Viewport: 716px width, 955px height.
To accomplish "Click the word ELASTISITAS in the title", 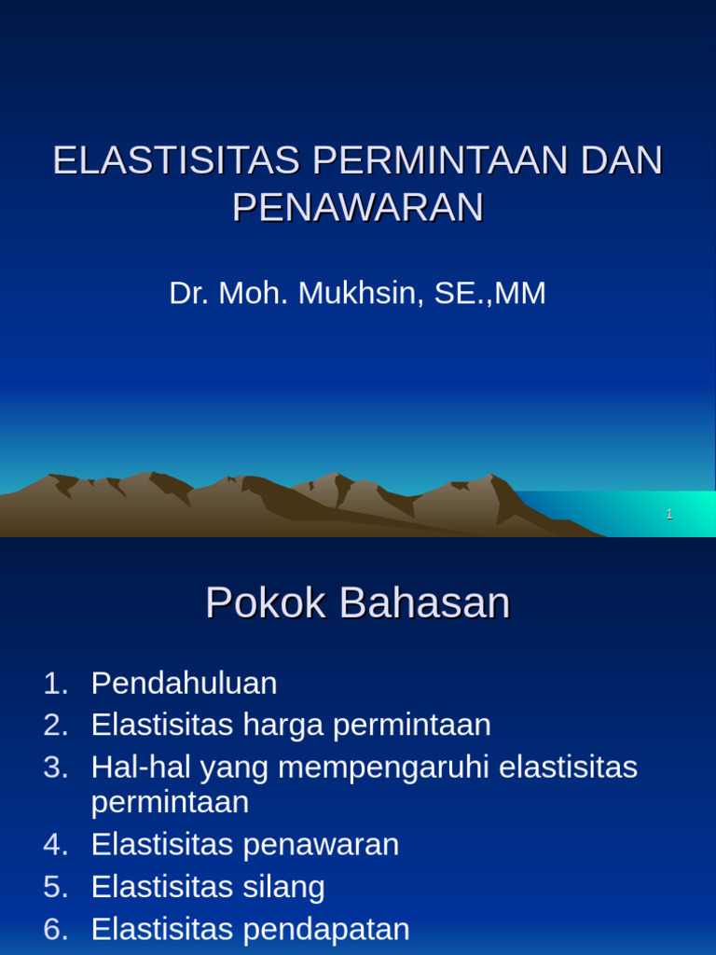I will coord(175,160).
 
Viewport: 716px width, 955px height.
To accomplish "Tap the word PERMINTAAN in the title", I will coord(440,160).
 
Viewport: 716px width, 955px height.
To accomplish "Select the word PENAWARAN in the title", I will coord(358,207).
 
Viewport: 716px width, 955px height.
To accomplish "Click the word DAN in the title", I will coord(623,160).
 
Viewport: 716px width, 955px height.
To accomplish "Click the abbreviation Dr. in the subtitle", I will coord(189,293).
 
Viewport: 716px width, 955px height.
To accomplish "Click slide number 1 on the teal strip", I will coord(669,514).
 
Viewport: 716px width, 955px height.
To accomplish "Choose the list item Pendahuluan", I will coord(184,684).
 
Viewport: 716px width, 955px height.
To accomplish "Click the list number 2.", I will coord(55,725).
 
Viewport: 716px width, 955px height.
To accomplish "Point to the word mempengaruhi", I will coord(385,768).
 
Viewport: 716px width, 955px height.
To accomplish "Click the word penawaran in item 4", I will coord(321,845).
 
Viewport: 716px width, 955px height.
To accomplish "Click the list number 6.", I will coord(55,929).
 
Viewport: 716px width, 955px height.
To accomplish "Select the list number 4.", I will coord(55,845).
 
